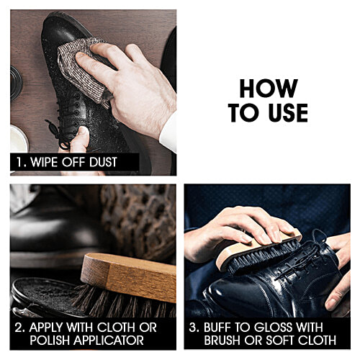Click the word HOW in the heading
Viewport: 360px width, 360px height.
268,88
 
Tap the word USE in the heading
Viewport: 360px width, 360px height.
289,112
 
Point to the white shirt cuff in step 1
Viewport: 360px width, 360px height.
168,130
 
